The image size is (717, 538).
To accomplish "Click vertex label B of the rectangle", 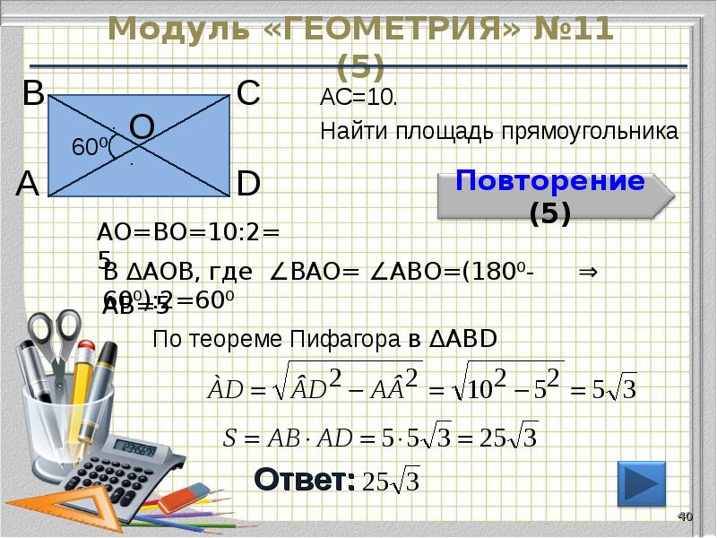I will tap(33, 93).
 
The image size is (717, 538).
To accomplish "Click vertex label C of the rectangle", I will tap(248, 93).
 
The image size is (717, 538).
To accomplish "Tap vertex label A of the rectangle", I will tap(28, 184).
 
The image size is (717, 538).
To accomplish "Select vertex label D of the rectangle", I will tap(248, 184).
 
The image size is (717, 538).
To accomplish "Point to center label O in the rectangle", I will tap(143, 127).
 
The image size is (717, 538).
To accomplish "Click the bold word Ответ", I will tap(303, 480).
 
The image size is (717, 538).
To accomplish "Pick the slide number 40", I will tap(686, 516).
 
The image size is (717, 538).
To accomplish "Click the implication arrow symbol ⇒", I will tap(588, 273).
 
